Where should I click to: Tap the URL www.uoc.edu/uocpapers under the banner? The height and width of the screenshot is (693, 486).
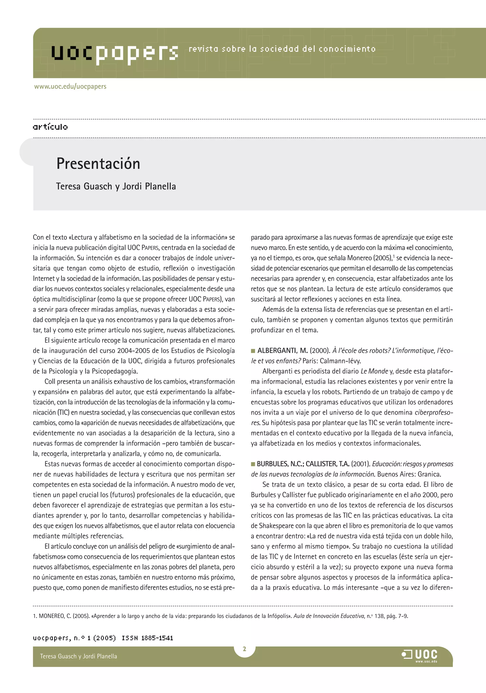70,87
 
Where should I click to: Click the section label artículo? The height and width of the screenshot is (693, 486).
50,127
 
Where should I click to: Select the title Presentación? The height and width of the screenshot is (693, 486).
98,164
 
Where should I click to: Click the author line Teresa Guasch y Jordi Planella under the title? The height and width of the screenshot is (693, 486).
116,186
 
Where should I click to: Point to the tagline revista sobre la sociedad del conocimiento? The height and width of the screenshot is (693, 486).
282,49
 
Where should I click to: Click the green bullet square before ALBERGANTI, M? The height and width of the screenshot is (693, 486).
253,351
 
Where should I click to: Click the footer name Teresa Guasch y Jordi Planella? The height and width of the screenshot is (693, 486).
79,656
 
